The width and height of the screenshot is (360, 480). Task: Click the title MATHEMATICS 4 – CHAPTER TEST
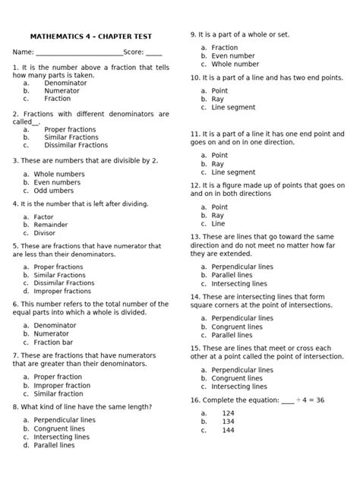90,36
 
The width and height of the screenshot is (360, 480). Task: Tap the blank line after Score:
153,54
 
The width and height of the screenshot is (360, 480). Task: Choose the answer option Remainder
58,226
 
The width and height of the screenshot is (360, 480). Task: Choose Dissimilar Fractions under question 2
76,145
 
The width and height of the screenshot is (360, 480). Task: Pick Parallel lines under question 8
54,445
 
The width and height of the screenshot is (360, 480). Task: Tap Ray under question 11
218,163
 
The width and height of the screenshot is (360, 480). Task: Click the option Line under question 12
218,223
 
